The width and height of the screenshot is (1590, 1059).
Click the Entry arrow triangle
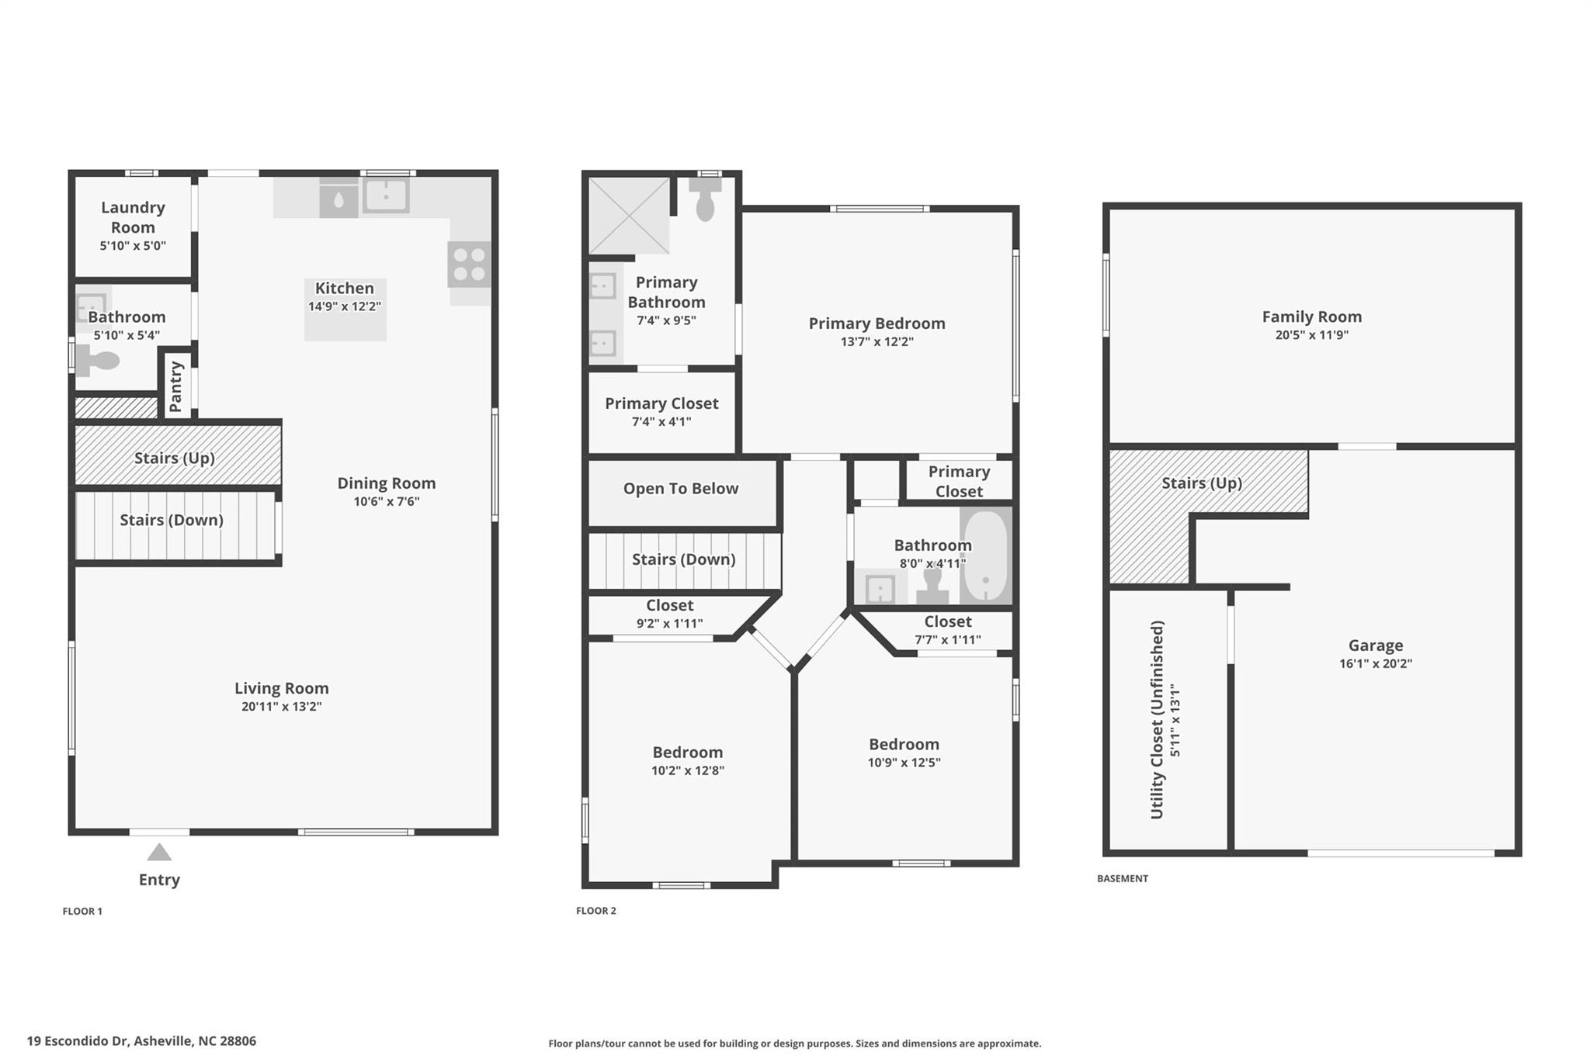click(159, 853)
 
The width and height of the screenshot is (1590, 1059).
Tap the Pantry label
click(175, 386)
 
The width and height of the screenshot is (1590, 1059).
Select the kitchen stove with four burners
click(470, 264)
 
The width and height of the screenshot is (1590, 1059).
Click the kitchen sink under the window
click(386, 196)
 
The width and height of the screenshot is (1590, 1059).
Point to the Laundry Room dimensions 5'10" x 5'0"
click(133, 246)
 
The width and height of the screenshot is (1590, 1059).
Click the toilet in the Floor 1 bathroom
click(98, 361)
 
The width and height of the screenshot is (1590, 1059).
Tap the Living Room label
click(282, 688)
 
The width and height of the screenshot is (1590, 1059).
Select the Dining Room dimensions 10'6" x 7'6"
click(387, 501)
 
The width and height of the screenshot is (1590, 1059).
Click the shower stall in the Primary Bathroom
click(629, 216)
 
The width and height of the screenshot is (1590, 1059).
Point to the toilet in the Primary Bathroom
click(705, 201)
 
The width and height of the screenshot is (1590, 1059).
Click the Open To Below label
click(681, 489)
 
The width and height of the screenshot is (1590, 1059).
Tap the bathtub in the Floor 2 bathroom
click(986, 555)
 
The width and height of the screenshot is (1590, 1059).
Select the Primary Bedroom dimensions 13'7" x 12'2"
click(877, 341)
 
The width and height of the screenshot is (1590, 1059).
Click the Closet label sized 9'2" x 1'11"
click(669, 605)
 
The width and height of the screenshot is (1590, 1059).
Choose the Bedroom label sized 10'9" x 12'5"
click(904, 744)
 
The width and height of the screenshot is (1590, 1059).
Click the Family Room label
click(1311, 317)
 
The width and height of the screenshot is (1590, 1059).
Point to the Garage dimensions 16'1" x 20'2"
click(1375, 663)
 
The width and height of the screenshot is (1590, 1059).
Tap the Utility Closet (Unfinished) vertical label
click(1157, 719)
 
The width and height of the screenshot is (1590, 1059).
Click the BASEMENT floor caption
click(1122, 878)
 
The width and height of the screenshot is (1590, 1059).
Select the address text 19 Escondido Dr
click(77, 1041)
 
